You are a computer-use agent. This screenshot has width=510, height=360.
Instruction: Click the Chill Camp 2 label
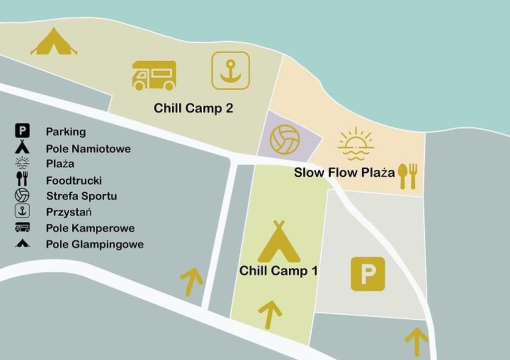point(193,108)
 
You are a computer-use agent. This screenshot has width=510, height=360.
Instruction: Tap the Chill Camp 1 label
point(278,271)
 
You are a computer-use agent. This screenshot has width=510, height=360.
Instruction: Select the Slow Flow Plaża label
point(344,173)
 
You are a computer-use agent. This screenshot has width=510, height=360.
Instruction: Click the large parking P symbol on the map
point(368,273)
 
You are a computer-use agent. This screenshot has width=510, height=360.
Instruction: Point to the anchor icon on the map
point(230,71)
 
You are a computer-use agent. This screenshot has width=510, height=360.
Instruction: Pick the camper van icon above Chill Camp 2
point(154,76)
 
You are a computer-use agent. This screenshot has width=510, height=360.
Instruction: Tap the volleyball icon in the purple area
point(284,139)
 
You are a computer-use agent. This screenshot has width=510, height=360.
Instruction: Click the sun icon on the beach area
point(355,143)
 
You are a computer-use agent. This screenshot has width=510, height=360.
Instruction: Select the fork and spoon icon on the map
point(407,176)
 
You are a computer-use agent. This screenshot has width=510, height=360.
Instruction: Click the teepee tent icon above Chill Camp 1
point(279,242)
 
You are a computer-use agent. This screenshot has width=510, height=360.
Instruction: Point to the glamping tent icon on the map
point(53,42)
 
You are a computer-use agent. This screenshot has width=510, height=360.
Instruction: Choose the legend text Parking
point(66,132)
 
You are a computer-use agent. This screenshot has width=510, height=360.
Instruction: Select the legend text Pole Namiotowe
point(88,148)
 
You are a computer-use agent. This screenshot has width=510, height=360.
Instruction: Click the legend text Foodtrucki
point(74,180)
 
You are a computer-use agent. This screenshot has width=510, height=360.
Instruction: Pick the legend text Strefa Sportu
point(81,196)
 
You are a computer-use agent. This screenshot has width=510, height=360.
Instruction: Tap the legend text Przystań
point(69,212)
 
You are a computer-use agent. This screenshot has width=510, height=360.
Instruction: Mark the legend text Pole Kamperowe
point(90,228)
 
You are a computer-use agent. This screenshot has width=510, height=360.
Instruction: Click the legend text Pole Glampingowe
point(95,244)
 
